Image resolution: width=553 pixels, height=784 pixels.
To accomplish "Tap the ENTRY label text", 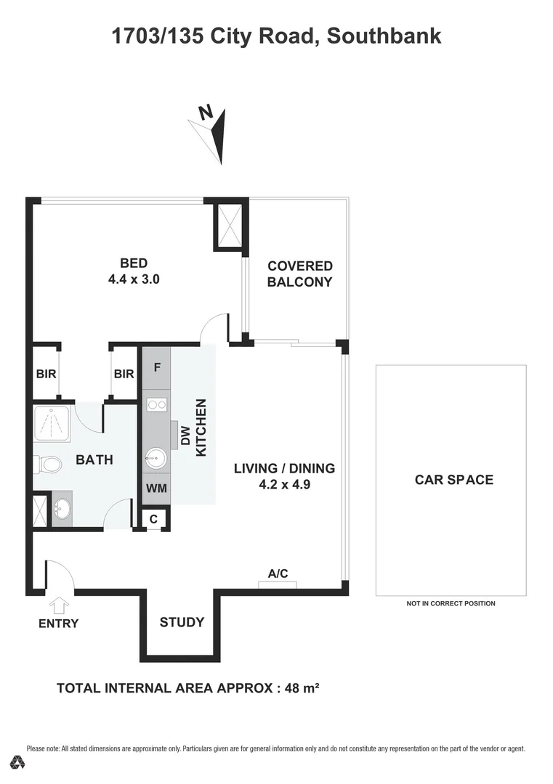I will click(58, 623).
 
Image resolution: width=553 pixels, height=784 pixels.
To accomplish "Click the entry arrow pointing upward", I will click(58, 604).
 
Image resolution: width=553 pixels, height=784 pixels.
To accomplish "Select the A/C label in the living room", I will click(278, 573).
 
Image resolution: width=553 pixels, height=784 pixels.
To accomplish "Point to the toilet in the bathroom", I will click(47, 462).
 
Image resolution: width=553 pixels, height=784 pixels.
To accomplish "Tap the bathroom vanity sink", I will click(62, 508).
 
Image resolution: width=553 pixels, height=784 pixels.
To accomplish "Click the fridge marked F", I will click(156, 367).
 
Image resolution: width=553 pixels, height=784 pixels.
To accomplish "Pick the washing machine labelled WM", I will click(156, 489).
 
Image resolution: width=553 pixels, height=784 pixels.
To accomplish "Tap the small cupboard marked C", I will click(154, 519).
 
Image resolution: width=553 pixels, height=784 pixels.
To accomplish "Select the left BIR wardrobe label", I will click(46, 374).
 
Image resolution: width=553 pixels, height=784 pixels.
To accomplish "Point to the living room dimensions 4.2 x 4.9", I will click(284, 484).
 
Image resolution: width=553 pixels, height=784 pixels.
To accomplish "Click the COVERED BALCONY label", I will click(299, 274).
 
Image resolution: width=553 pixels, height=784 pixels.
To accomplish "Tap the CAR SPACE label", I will click(453, 479).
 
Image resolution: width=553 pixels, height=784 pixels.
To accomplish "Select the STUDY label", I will click(182, 622).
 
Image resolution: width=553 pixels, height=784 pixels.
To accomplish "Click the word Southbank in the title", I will click(384, 35).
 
